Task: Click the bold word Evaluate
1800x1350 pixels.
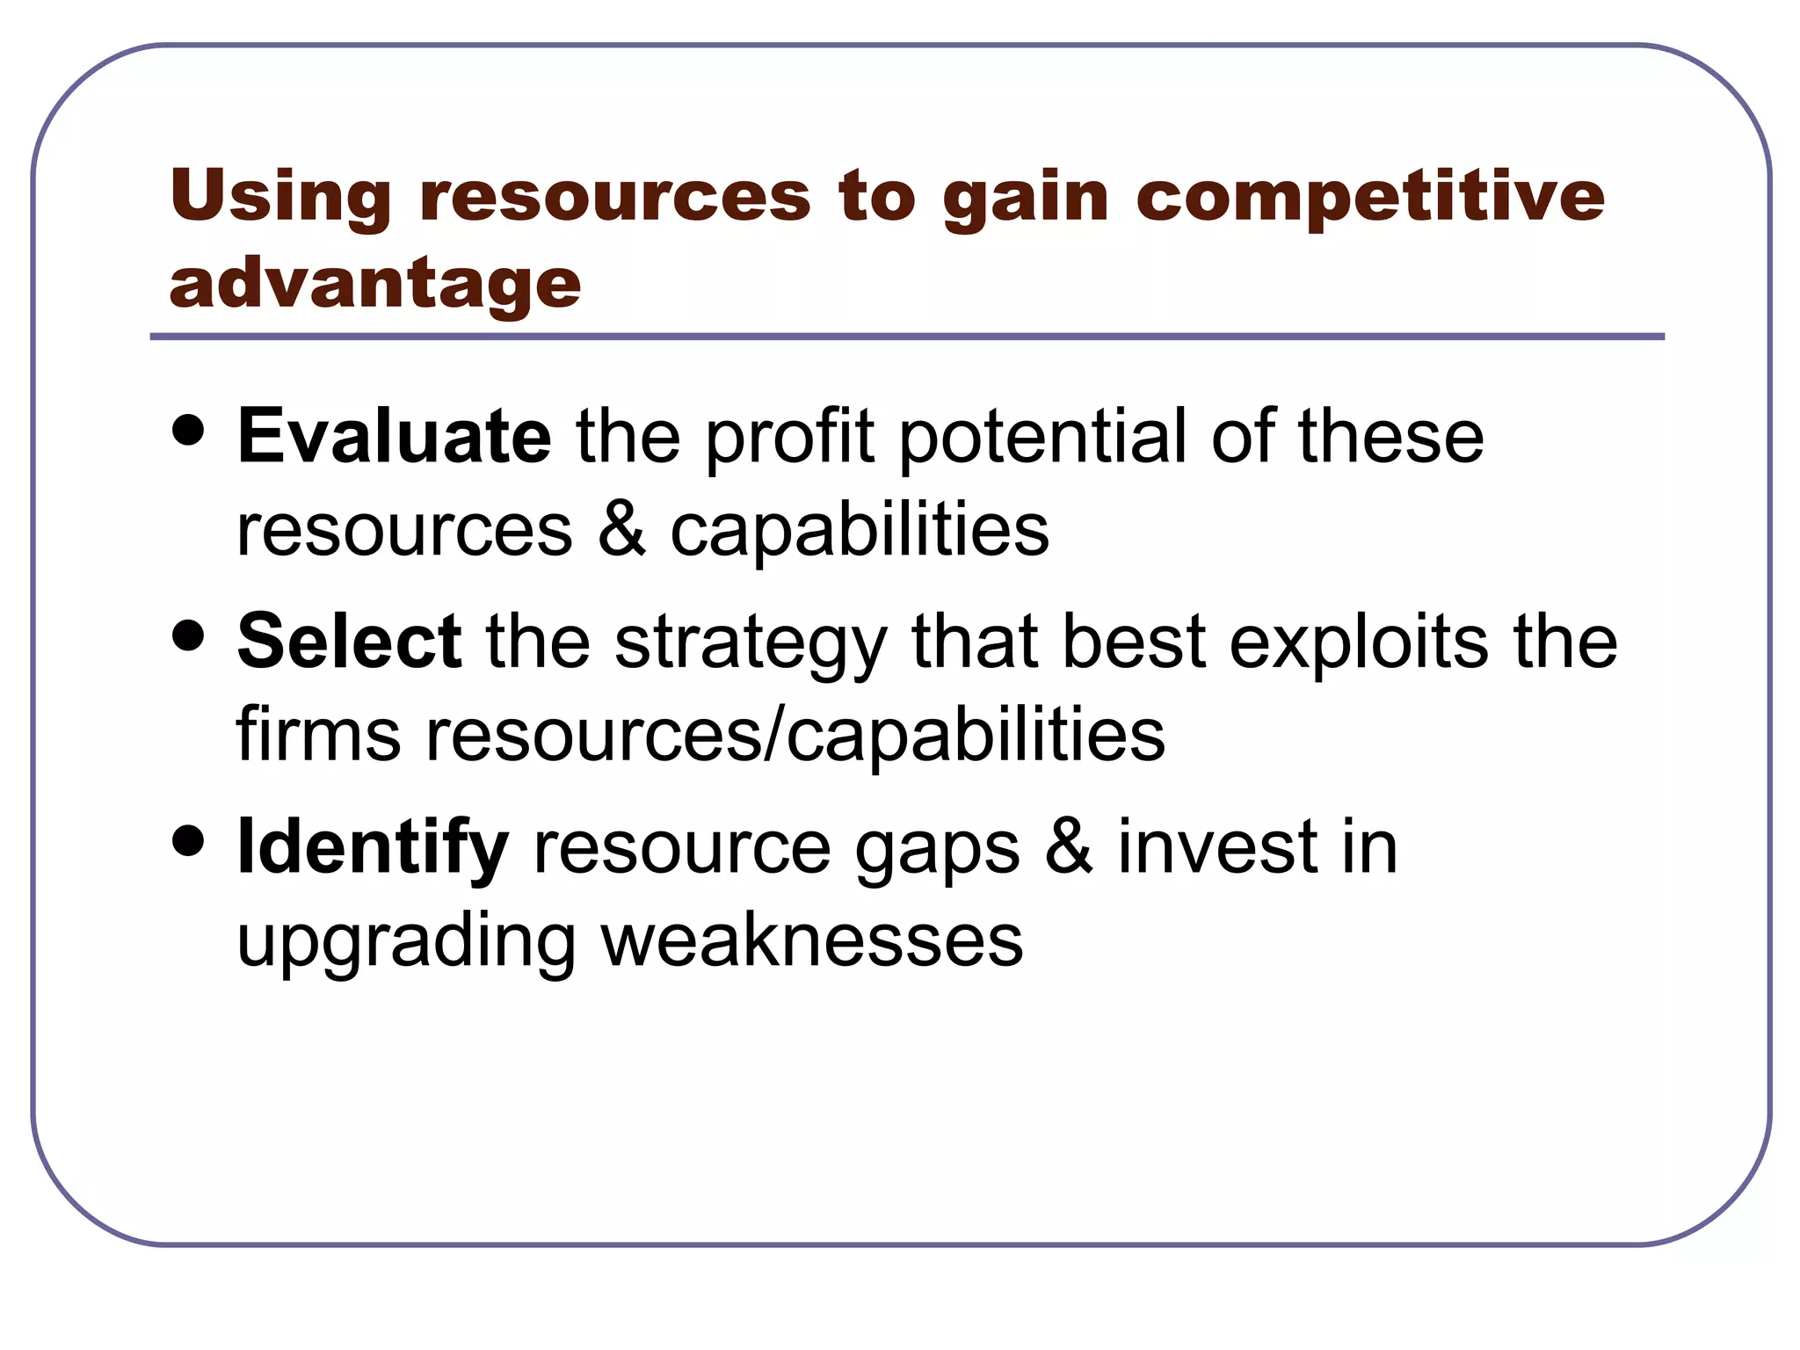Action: pos(394,437)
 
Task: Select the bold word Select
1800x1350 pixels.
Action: pos(349,642)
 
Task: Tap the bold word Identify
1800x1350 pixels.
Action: pos(373,847)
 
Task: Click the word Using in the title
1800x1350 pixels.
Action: pos(280,195)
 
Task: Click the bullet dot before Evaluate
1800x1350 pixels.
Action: pos(189,431)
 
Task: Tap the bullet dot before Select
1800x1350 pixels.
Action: pos(189,635)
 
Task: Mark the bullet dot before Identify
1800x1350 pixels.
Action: pos(189,840)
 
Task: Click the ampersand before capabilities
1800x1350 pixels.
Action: pos(621,529)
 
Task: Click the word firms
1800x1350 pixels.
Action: pos(318,735)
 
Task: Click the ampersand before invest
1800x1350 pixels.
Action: pos(1069,847)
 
